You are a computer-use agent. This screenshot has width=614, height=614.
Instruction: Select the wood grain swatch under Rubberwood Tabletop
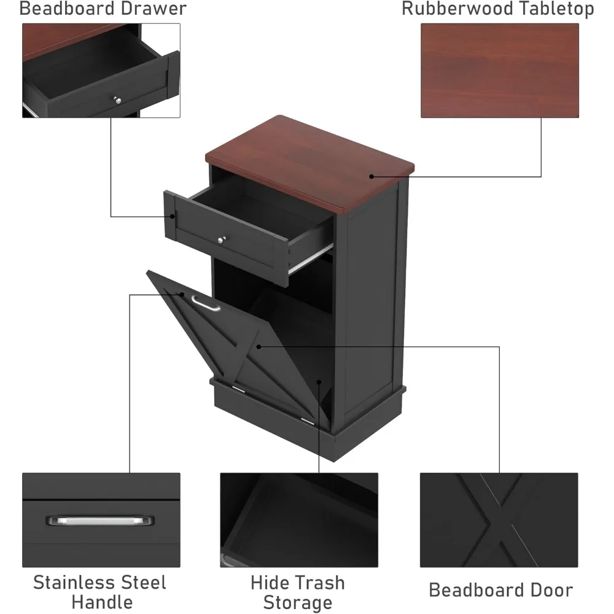tap(499, 70)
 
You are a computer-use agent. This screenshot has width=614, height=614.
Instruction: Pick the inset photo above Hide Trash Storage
tap(299, 520)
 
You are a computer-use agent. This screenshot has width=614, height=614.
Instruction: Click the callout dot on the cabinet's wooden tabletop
tap(371, 177)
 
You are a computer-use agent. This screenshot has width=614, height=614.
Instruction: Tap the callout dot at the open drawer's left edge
tap(173, 216)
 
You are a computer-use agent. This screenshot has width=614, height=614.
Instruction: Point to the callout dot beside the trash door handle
tap(182, 295)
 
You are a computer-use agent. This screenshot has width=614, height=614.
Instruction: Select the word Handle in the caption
tap(102, 602)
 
